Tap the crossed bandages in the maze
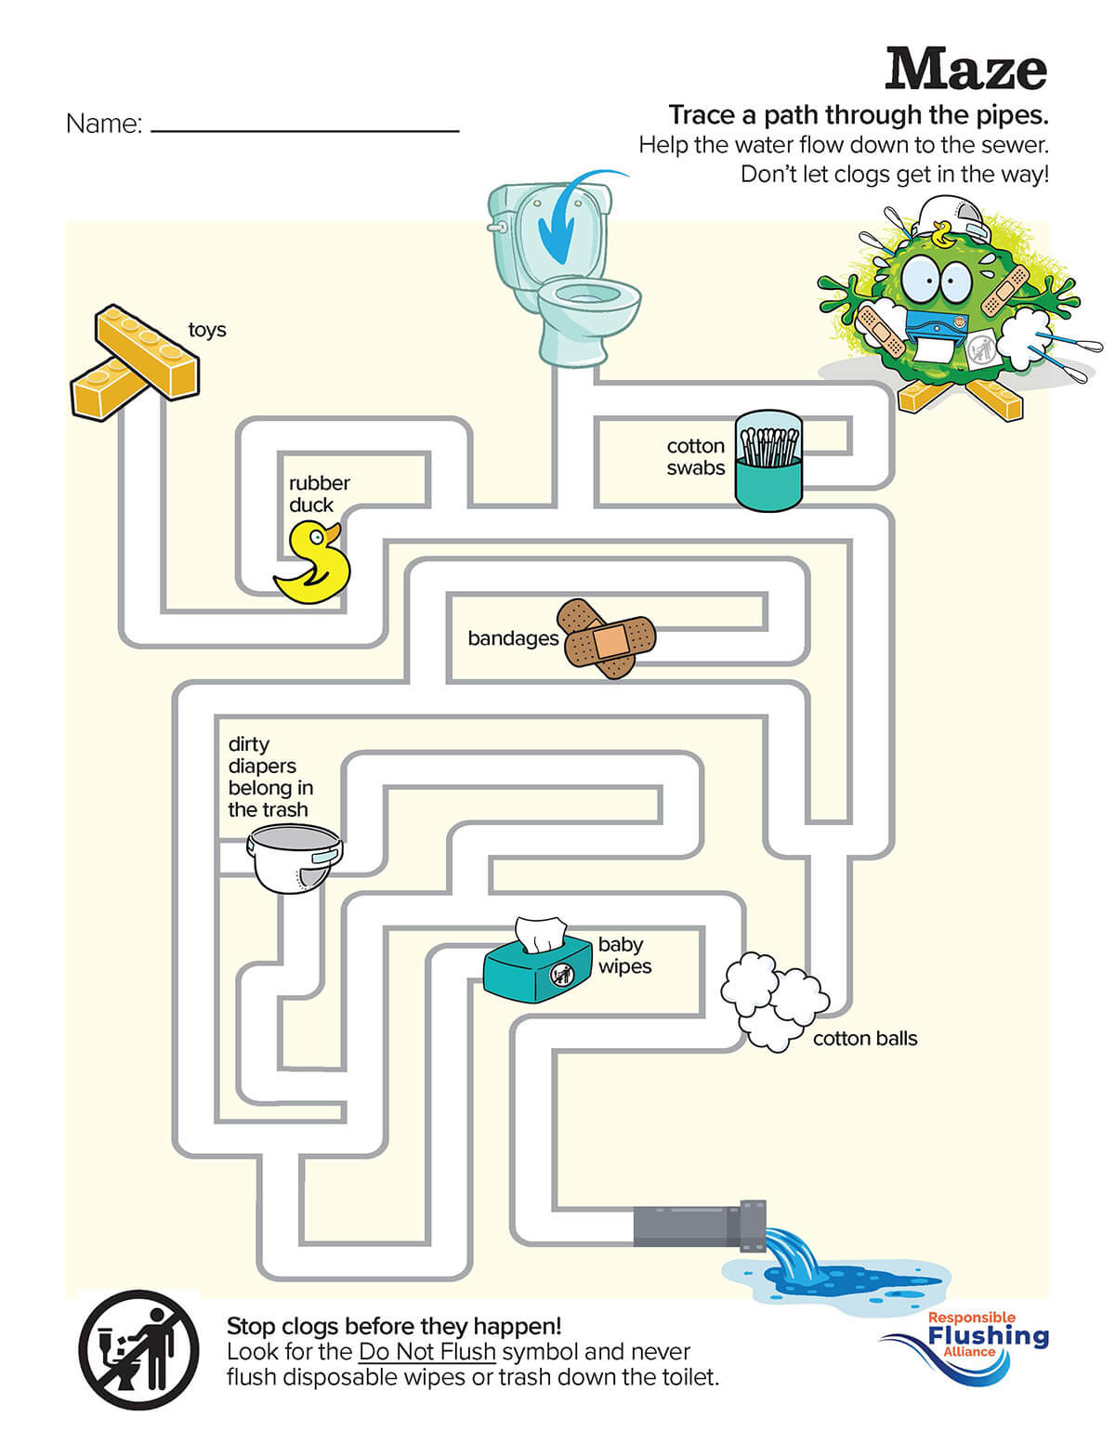coord(606,638)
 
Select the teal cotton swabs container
coord(768,462)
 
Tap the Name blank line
coord(305,131)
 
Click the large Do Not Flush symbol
coord(138,1349)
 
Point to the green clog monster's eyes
coord(937,275)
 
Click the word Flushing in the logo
coord(988,1336)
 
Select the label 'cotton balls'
coord(864,1039)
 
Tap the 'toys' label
coord(206,330)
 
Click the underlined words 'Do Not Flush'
coord(426,1351)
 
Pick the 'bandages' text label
coord(513,638)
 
